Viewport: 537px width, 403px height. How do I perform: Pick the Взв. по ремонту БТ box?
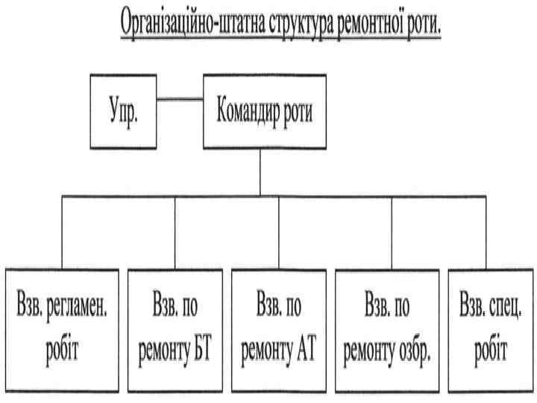click(175, 328)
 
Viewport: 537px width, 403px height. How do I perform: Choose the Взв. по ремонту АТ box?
click(279, 328)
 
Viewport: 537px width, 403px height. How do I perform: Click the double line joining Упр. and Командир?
click(180, 99)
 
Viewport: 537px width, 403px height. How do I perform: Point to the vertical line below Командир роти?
click(259, 172)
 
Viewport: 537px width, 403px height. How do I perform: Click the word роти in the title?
click(426, 25)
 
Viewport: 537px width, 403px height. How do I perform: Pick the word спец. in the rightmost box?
click(504, 307)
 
